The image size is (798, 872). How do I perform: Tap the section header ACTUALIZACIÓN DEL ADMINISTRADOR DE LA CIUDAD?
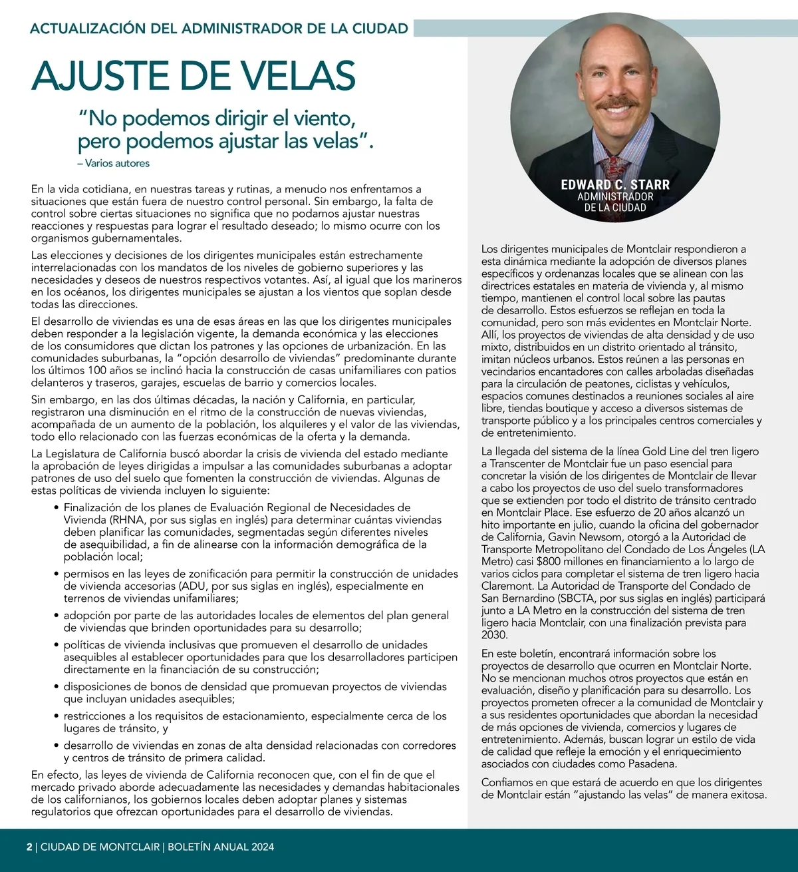point(219,28)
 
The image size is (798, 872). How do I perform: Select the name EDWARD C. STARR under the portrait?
point(615,184)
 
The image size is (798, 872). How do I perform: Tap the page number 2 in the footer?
point(29,847)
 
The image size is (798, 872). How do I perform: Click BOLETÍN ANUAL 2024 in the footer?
point(221,847)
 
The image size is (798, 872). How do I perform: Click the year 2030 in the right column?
point(494,635)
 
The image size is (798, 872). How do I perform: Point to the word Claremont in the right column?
point(507,586)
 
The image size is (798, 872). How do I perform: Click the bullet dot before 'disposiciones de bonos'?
point(57,687)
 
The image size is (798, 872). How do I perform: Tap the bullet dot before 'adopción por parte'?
point(57,616)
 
